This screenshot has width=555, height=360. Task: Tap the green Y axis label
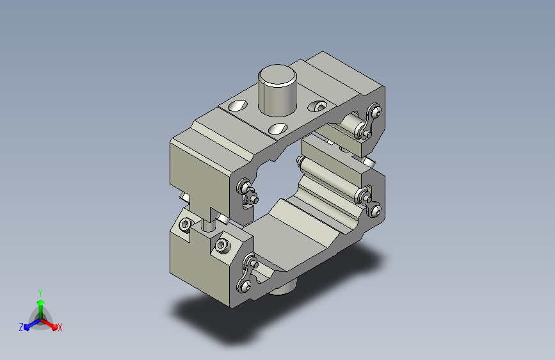[40, 293]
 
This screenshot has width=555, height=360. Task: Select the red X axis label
[60, 328]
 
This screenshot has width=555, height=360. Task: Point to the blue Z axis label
[21, 327]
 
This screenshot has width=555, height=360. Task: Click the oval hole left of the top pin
[238, 105]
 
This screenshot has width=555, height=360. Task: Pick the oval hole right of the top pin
[317, 106]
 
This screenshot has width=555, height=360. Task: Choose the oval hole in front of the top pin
[278, 129]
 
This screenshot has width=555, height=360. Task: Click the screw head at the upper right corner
[376, 111]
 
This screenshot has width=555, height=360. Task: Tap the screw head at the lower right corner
[375, 210]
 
